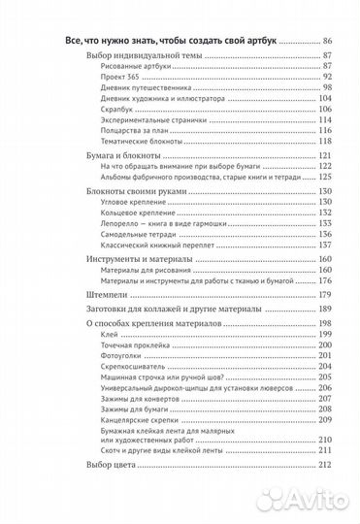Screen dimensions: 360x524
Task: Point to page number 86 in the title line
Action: pyautogui.click(x=326, y=40)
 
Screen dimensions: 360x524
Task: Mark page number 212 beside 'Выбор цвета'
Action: pyautogui.click(x=325, y=492)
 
